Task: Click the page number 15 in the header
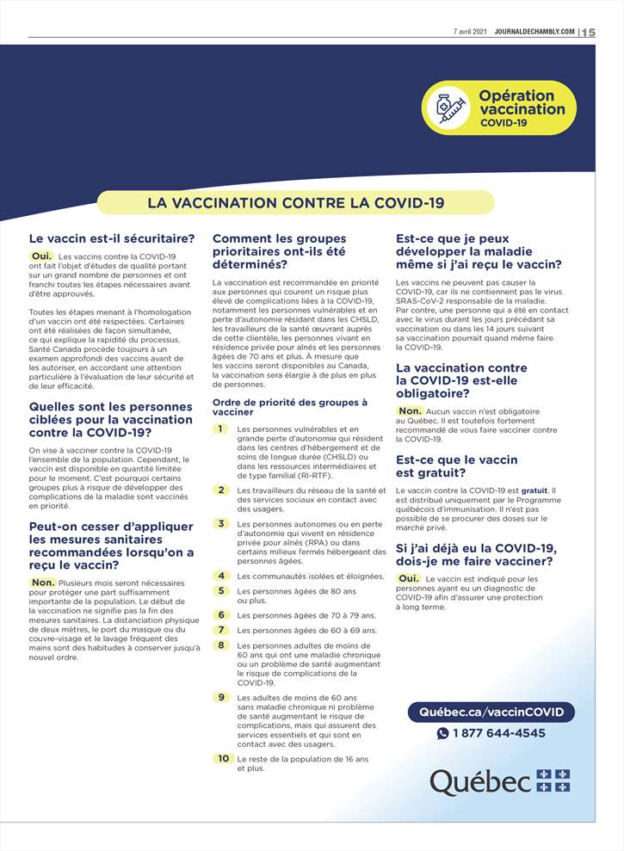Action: click(x=589, y=32)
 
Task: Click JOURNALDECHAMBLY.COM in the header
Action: click(x=534, y=32)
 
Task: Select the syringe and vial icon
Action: click(x=450, y=108)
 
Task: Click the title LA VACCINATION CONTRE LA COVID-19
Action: click(x=296, y=203)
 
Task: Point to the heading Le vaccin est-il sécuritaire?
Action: click(x=112, y=238)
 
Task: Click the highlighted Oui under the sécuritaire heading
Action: click(x=42, y=256)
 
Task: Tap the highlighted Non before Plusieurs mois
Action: click(x=43, y=583)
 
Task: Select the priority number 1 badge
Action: click(x=221, y=429)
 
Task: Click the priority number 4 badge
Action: click(x=221, y=576)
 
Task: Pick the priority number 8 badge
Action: click(x=221, y=644)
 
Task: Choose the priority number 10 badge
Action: click(x=223, y=758)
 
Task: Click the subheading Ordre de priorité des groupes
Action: click(x=290, y=407)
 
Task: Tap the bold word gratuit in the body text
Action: click(x=534, y=490)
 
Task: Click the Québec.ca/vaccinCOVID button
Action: click(x=491, y=712)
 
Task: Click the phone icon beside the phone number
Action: click(x=443, y=734)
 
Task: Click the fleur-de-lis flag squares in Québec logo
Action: click(x=553, y=780)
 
